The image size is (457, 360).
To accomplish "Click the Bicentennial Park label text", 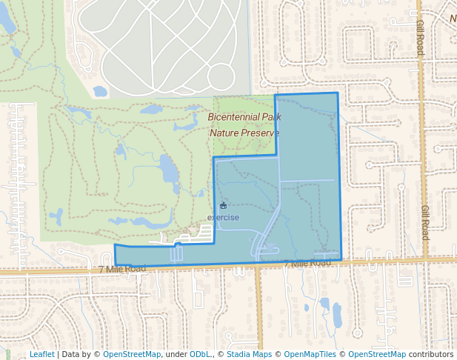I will (244, 117).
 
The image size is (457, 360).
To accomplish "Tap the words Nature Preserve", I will (244, 133).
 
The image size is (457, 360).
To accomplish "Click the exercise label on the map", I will (223, 217).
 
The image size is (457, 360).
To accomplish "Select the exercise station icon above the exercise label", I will (223, 205).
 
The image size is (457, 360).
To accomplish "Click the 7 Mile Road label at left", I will (123, 268).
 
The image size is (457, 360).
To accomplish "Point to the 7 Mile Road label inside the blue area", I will (307, 264).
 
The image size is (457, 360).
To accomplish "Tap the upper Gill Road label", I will (419, 38).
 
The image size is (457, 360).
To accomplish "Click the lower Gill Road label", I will (424, 222).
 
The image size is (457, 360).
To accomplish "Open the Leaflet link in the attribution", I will (41, 354).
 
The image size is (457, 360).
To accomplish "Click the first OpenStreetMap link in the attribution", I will (131, 354).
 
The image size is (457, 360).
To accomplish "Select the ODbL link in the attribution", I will (200, 354).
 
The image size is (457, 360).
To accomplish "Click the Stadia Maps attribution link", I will (249, 354).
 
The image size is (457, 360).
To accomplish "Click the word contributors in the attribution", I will (430, 354).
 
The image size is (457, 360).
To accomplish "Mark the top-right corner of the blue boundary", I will (338, 93).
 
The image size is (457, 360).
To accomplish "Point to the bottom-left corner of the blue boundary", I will (116, 264).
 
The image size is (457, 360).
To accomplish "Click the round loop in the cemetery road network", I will (221, 76).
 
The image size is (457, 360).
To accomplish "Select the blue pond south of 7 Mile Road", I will (337, 315).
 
